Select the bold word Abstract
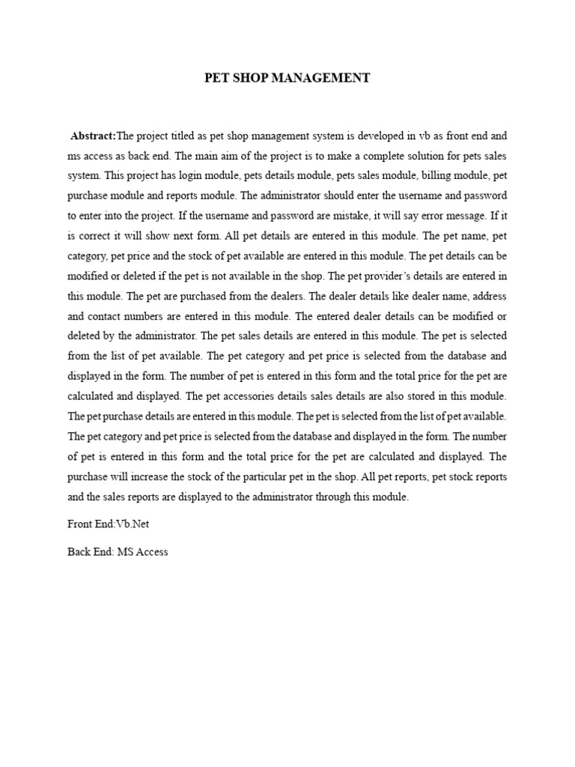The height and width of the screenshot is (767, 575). [x=93, y=136]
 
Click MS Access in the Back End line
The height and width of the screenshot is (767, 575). [x=142, y=552]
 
